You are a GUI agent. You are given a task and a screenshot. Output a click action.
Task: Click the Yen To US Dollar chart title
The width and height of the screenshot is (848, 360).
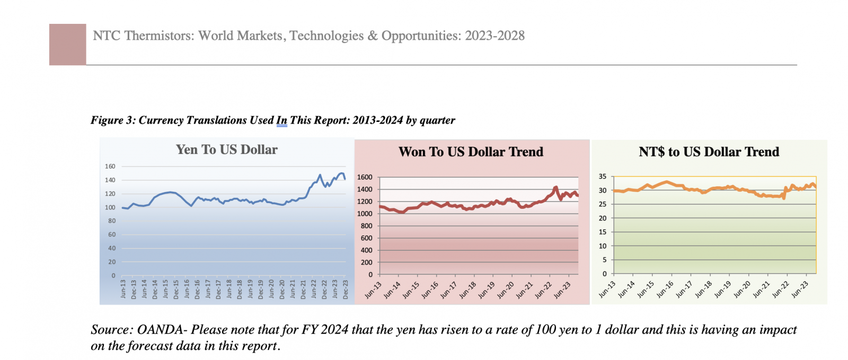point(226,150)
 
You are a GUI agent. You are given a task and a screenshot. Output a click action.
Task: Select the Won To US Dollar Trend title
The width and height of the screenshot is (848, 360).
point(471,152)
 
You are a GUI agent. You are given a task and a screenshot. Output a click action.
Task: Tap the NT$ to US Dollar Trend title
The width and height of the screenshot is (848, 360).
point(709,152)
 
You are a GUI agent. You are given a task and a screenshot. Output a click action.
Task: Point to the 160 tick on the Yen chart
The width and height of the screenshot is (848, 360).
point(110,166)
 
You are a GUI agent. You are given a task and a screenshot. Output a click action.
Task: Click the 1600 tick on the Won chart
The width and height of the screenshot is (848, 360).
point(365,178)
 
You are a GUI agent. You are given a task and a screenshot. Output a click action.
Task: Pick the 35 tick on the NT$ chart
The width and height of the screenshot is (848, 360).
point(603,177)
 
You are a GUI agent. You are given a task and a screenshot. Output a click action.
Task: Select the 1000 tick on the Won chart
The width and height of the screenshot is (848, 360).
point(365,214)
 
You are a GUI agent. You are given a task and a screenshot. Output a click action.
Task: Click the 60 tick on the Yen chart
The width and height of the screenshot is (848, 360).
point(112,234)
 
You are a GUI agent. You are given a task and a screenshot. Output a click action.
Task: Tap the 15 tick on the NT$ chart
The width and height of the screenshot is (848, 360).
point(603,232)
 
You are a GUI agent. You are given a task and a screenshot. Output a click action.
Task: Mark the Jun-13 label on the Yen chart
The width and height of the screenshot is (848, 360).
point(123,289)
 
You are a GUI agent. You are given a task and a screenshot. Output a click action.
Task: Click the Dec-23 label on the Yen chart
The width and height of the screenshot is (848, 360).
point(346,289)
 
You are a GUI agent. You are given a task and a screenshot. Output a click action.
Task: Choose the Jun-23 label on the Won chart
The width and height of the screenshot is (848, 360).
point(563,289)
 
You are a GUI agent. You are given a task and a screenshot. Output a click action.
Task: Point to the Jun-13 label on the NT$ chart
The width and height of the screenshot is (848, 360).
point(607,289)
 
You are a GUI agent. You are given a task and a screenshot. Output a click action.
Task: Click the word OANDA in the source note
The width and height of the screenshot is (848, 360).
point(160,330)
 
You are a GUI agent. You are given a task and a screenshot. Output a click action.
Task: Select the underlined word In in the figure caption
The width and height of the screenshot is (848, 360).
point(281,120)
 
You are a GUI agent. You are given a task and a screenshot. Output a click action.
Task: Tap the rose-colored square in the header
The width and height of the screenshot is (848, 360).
point(68,45)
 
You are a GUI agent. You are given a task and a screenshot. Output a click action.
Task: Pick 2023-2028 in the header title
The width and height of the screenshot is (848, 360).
point(494,36)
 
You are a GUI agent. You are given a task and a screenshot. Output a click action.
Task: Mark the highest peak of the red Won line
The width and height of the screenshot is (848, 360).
point(555,187)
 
